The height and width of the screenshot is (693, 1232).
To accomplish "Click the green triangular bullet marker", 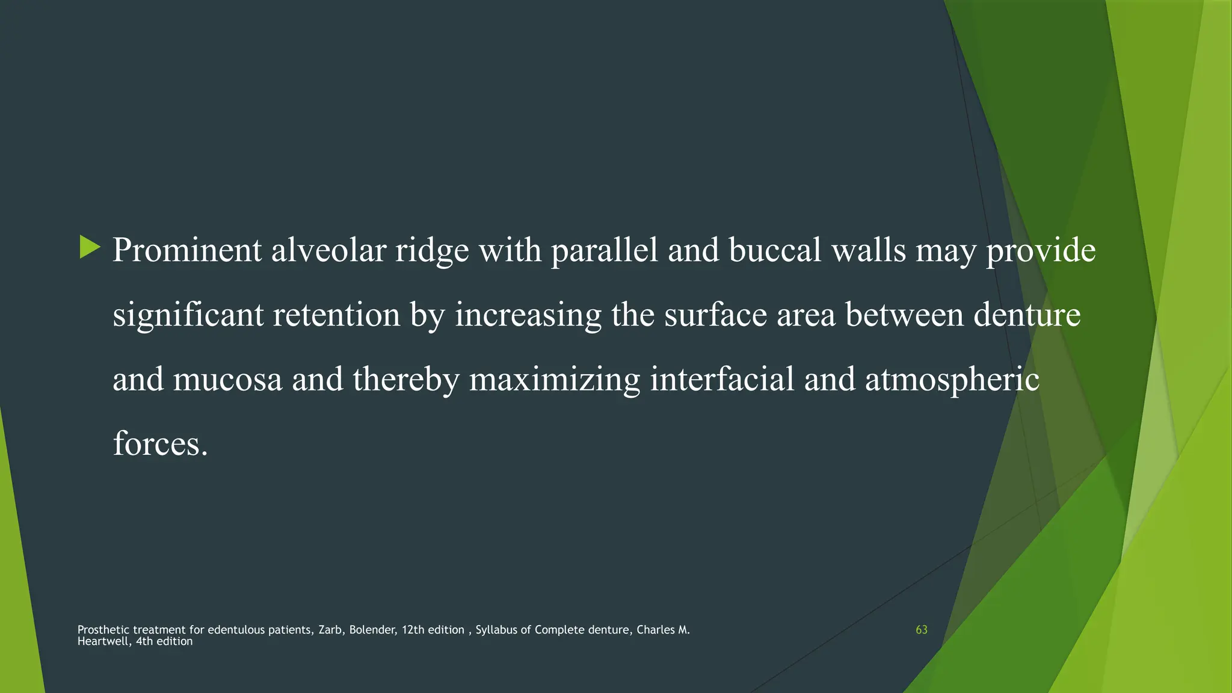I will [x=90, y=247].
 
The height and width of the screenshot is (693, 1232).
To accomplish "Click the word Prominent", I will [x=187, y=250].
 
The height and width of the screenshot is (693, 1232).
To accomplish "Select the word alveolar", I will [x=328, y=250].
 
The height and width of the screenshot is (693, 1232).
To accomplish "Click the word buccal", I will [x=775, y=250].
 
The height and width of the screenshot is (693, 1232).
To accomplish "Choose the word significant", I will [x=188, y=315].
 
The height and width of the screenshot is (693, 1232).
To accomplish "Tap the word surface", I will [x=715, y=315].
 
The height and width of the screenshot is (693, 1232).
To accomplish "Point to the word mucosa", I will [x=227, y=380].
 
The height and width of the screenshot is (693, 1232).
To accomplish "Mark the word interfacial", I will [x=722, y=380].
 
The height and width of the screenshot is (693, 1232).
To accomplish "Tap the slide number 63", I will [x=921, y=630].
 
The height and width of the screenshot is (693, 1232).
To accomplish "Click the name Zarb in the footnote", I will [x=330, y=630].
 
